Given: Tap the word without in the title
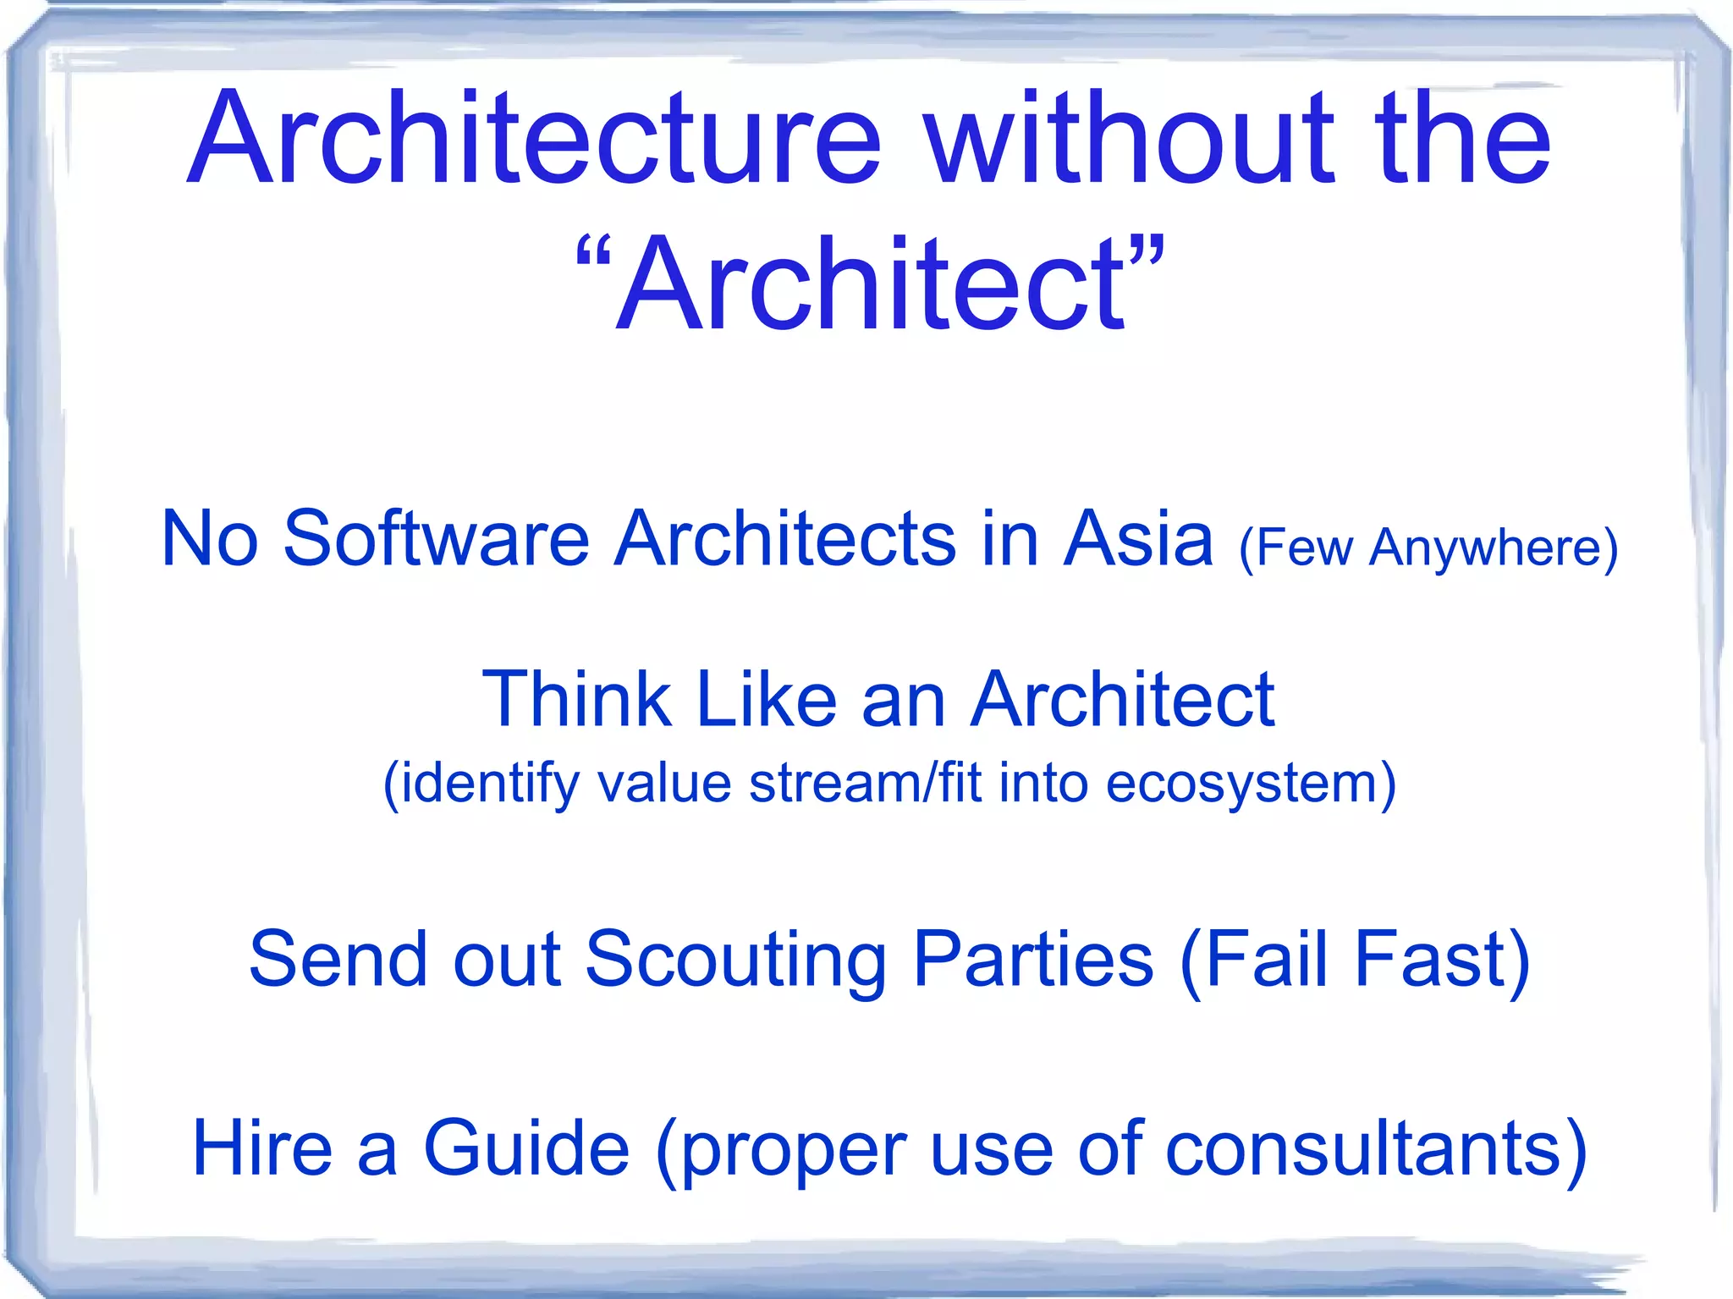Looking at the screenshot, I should (x=1130, y=140).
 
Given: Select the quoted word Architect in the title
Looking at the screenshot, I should (x=872, y=283).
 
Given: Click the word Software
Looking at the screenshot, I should (x=436, y=539).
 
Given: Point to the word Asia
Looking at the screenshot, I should (x=1138, y=539).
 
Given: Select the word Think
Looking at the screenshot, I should (x=575, y=700).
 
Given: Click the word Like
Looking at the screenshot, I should (x=766, y=700).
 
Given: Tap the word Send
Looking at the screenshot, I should (x=338, y=959).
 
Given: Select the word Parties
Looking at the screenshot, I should (x=1033, y=959).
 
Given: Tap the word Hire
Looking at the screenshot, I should (x=262, y=1148).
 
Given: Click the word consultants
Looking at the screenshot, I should (x=1362, y=1148).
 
